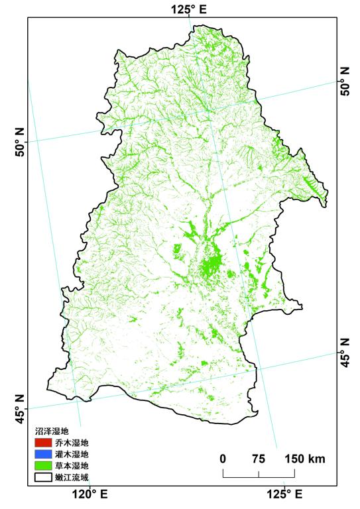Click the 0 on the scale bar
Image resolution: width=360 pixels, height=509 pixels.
click(x=223, y=459)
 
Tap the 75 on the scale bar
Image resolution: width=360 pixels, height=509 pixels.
click(x=259, y=459)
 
